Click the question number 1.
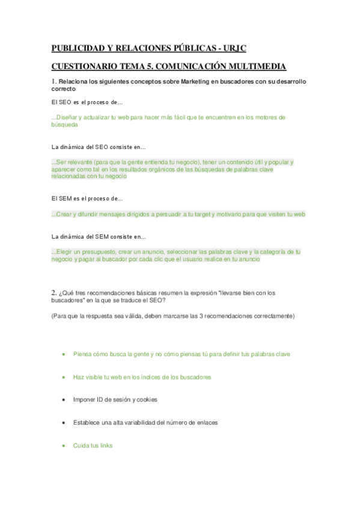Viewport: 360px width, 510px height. [x=53, y=81]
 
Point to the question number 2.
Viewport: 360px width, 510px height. [x=53, y=293]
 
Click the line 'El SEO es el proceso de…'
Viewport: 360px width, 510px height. [x=87, y=103]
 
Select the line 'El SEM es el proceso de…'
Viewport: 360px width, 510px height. [x=87, y=198]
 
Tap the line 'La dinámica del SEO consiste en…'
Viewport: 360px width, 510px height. [x=99, y=147]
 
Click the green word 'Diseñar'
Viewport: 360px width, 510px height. [x=67, y=117]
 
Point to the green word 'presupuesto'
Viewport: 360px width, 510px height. [x=99, y=251]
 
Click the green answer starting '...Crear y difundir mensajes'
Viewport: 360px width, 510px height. [x=178, y=214]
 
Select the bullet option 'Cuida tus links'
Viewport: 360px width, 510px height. [x=93, y=446]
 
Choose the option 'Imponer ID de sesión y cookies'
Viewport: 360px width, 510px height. [x=115, y=399]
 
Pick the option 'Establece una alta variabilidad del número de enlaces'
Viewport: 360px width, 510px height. [x=145, y=422]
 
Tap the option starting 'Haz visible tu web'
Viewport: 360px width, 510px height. [x=142, y=376]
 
